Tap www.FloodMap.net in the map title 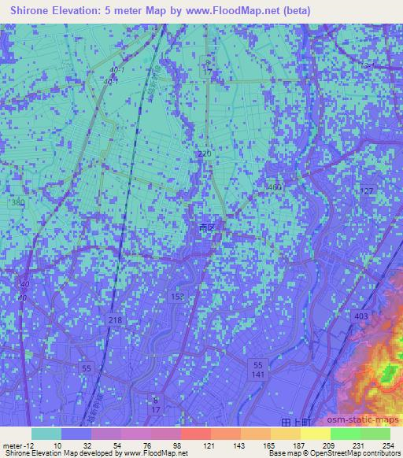[x=241, y=11]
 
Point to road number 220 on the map [x=205, y=155]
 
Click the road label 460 [x=273, y=187]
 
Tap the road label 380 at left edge [x=17, y=203]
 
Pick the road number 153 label [x=178, y=295]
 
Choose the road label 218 [x=116, y=319]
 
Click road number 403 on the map [x=361, y=316]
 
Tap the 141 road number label [x=258, y=376]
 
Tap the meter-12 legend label [x=15, y=445]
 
